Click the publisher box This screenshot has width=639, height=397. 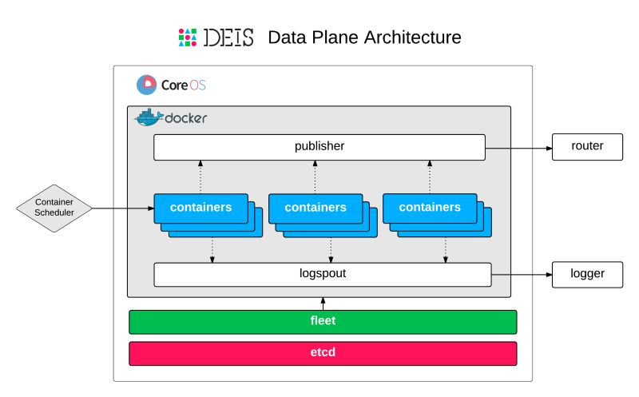pos(319,147)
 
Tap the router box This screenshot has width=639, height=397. pos(587,147)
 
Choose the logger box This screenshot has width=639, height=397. pos(587,274)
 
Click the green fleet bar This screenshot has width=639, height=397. pos(323,322)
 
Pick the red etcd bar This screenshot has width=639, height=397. pos(323,353)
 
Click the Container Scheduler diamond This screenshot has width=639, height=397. pos(54,208)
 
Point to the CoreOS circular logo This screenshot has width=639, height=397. pos(146,84)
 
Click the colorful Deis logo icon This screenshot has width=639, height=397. pos(187,38)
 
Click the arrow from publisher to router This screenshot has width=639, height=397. pos(519,148)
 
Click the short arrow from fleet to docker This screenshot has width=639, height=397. pos(323,304)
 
